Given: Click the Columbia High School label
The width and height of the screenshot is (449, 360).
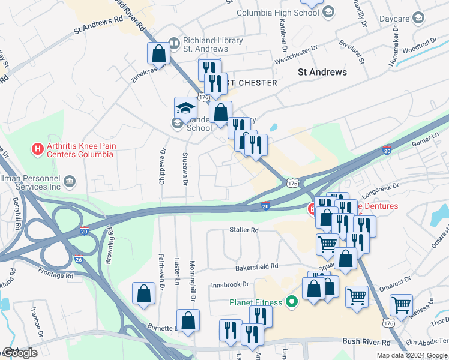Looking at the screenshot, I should (x=277, y=13).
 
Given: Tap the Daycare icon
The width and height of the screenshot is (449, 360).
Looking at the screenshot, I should (x=418, y=19).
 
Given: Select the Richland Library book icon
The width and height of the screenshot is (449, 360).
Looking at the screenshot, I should (x=174, y=43).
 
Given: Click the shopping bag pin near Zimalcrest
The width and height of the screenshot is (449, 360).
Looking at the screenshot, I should (x=159, y=53).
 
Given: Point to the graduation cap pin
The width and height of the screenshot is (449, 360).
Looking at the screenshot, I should (x=185, y=108).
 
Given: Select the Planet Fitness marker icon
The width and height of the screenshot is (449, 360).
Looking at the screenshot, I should (x=292, y=301).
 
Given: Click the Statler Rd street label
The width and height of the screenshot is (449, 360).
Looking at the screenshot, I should (x=244, y=230).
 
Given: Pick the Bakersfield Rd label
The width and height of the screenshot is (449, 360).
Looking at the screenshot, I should (x=258, y=266).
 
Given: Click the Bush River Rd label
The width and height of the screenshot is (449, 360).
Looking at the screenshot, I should (x=366, y=341).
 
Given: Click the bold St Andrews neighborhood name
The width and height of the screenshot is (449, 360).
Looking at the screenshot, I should (x=322, y=72).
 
